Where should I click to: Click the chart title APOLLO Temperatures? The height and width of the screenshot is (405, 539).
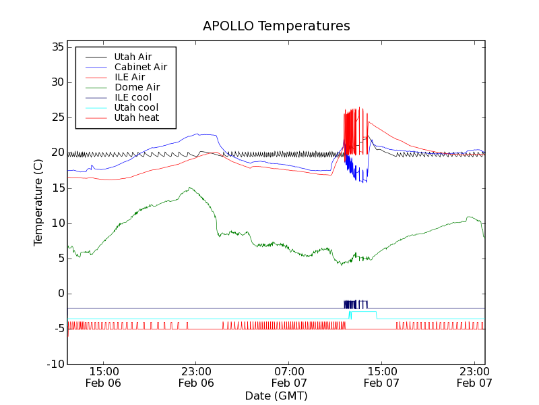[x=276, y=26]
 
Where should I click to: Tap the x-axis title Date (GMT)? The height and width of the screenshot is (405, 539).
[x=276, y=395]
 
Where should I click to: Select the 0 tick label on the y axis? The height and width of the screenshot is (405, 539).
[x=60, y=294]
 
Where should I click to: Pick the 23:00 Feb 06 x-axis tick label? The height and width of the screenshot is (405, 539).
[x=196, y=377]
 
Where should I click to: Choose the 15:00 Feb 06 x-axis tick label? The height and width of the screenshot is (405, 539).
[x=104, y=377]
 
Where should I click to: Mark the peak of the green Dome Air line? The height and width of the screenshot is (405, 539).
[x=190, y=188]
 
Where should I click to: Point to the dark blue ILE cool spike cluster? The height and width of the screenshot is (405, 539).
[x=356, y=304]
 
